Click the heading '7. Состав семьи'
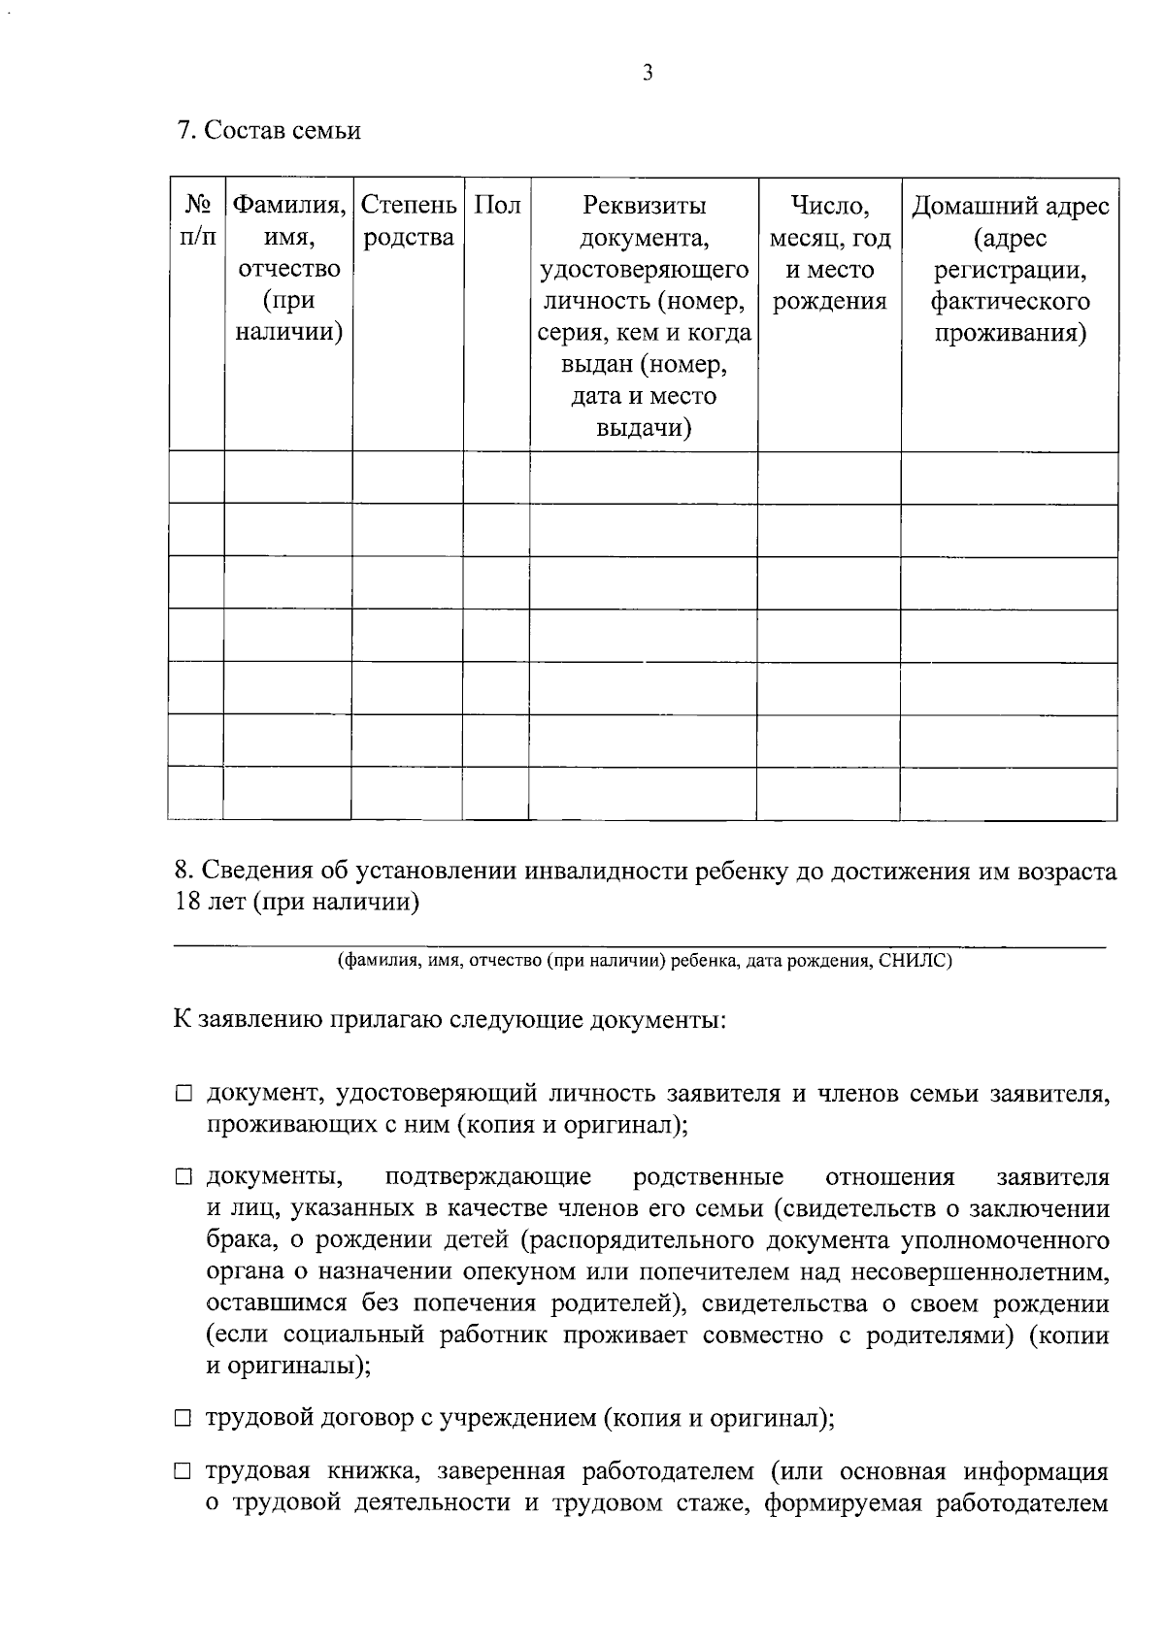(269, 131)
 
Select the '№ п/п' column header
(198, 220)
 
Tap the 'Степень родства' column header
(408, 220)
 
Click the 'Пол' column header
(496, 206)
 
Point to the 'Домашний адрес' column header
(1010, 206)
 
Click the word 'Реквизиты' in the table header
(644, 206)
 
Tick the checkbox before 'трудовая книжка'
(183, 1472)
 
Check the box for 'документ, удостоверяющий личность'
(183, 1095)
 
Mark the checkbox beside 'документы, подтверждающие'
(183, 1178)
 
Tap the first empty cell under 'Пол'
(496, 478)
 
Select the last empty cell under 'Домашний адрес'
(1010, 793)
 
